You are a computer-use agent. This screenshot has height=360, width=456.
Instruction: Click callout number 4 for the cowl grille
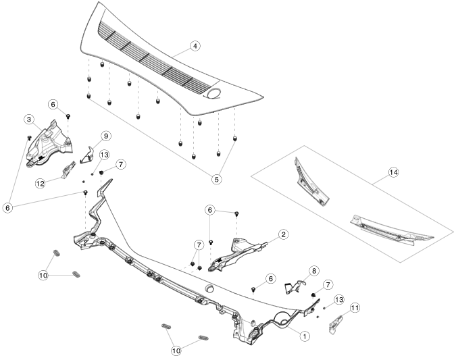click(195, 46)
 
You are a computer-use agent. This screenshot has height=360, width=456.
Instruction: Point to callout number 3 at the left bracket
click(29, 120)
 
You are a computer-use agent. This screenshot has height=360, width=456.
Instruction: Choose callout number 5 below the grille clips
click(216, 179)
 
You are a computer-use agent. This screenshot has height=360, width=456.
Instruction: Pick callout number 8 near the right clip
click(313, 270)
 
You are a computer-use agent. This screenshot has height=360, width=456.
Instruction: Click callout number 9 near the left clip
click(106, 136)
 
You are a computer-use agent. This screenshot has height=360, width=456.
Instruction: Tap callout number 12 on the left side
click(40, 182)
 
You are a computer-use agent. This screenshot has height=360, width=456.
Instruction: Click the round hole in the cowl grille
click(214, 93)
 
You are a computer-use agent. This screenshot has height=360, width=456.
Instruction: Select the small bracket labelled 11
click(336, 322)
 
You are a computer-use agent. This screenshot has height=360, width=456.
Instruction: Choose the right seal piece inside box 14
click(388, 230)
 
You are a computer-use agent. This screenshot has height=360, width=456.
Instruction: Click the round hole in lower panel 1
click(209, 289)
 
